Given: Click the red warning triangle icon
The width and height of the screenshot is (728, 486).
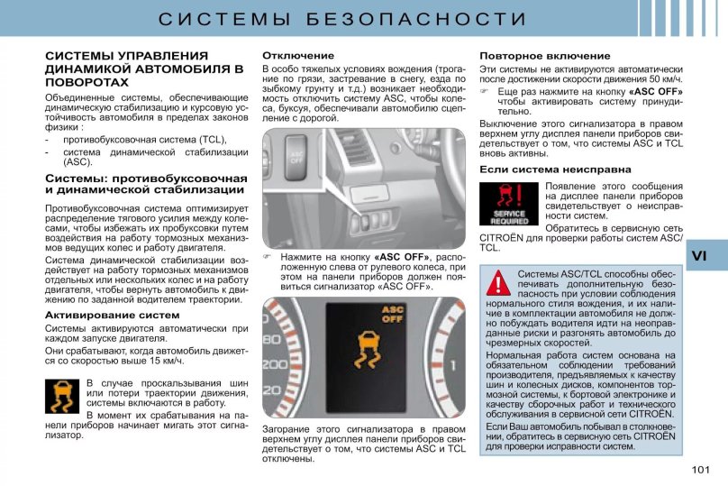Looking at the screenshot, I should click(498, 283).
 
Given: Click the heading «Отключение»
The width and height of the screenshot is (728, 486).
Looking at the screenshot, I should click(297, 56).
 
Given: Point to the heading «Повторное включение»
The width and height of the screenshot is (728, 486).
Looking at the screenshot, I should click(532, 56).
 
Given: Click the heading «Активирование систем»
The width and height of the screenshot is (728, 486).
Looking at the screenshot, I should click(112, 315).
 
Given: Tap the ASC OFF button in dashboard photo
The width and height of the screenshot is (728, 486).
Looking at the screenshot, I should click(296, 159).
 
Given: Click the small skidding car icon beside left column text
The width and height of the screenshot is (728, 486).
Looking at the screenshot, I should click(61, 396).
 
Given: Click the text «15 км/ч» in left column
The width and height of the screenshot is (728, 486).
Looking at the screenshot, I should click(162, 361).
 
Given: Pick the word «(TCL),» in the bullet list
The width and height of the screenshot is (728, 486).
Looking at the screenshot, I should click(210, 140).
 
